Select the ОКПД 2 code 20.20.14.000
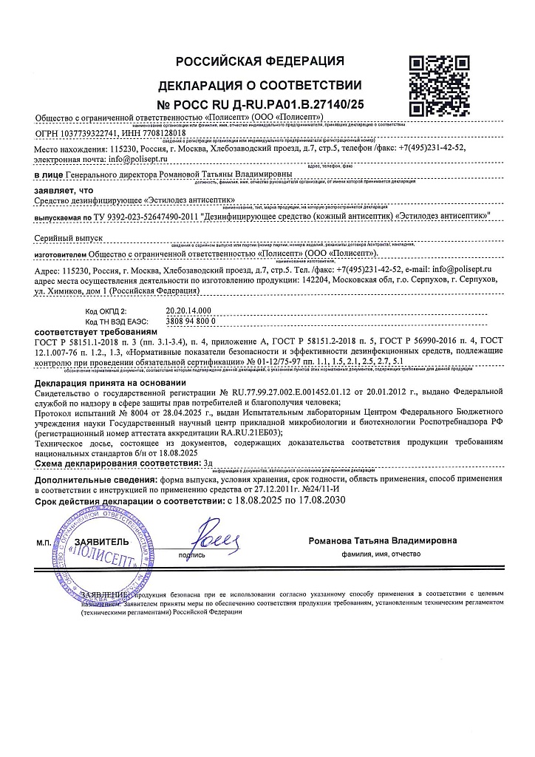coord(188,312)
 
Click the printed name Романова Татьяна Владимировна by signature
coord(383,540)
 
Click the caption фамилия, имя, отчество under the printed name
coord(381,553)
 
